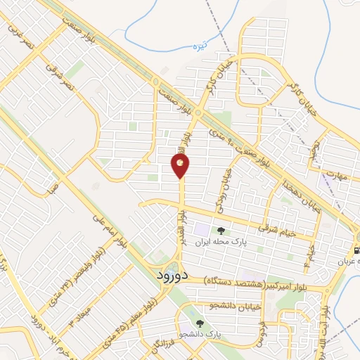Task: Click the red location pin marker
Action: (180, 165)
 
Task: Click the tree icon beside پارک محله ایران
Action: (221, 231)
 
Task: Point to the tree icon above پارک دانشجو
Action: (200, 324)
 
